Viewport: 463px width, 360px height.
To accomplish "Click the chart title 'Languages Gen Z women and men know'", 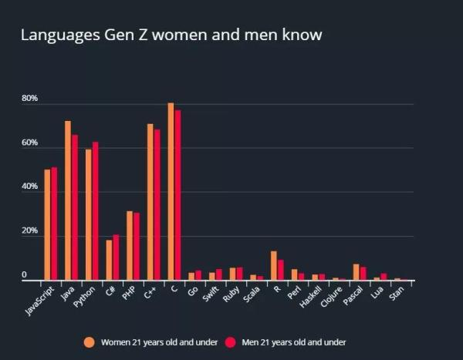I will [x=171, y=35].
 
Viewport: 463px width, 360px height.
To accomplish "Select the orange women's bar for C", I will [x=171, y=192].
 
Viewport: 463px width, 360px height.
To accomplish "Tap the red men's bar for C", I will [x=177, y=196].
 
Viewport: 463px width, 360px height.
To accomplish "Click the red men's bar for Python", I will [x=95, y=211].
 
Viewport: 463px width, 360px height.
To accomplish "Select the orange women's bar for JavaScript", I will [x=47, y=225].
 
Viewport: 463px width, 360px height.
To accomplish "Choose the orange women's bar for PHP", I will [x=130, y=246].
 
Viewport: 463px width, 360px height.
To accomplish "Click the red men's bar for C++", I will [x=157, y=205].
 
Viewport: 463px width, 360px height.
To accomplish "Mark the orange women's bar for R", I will [x=273, y=266].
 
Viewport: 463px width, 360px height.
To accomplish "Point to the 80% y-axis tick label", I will [x=29, y=99].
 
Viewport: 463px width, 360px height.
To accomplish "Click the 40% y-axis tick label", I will [x=29, y=187].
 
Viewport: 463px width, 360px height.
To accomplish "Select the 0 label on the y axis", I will [x=24, y=275].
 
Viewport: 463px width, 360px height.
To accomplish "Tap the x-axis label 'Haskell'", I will [x=311, y=298].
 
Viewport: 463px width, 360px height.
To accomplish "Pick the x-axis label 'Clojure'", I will [x=332, y=298].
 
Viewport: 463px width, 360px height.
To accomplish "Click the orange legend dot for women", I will [x=90, y=341].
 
